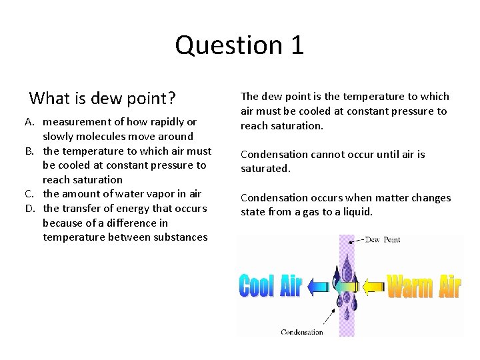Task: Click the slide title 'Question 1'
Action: (239, 45)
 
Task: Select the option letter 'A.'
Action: (31, 122)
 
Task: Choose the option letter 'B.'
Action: (31, 151)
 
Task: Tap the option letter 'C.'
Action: (31, 194)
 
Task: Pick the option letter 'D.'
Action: (31, 209)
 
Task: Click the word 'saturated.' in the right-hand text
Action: (265, 169)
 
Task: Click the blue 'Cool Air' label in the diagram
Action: (271, 287)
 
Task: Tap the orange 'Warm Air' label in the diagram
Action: (424, 287)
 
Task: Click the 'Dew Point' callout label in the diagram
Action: (383, 240)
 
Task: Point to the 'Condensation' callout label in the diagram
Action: (302, 331)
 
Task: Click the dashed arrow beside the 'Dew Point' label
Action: (355, 240)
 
